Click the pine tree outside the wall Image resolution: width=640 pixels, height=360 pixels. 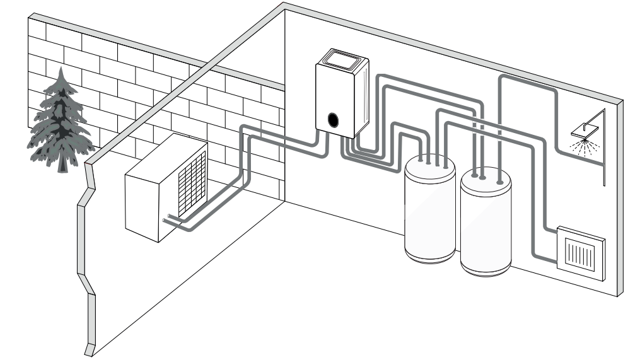(x=60, y=120)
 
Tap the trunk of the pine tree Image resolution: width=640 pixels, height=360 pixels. (x=62, y=165)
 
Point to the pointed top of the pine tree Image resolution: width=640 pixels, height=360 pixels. (x=61, y=71)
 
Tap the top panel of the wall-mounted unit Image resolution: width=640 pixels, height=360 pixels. (x=344, y=60)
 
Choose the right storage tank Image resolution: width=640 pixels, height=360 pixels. (x=486, y=224)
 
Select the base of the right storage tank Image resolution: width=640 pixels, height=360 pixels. (x=486, y=268)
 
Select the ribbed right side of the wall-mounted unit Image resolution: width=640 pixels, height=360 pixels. (x=362, y=95)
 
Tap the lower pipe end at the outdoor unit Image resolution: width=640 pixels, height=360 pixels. (x=165, y=220)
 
